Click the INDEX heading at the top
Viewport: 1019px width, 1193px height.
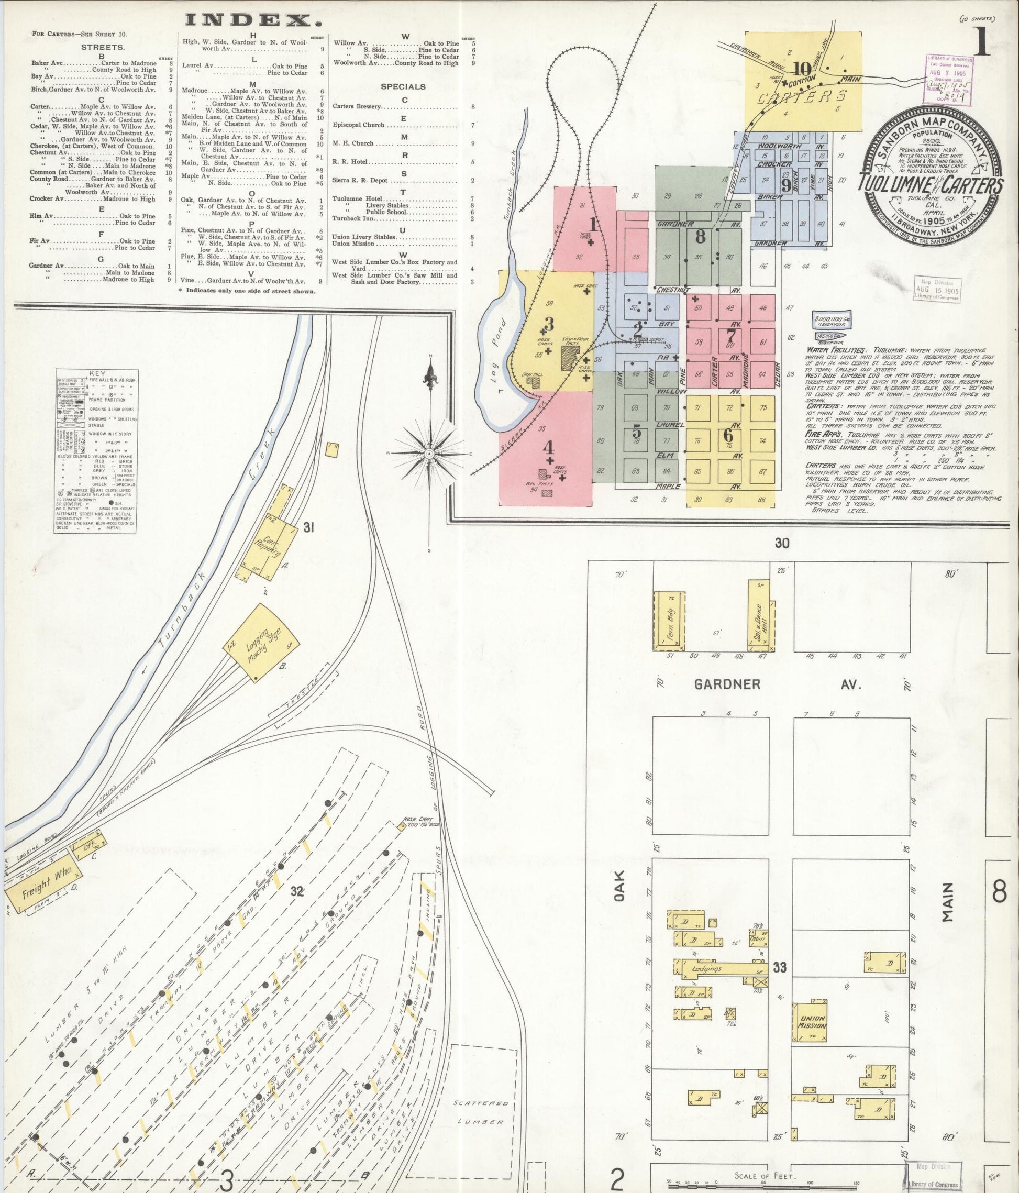tap(254, 21)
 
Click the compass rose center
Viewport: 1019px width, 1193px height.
tap(429, 454)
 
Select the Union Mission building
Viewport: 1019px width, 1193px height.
tap(812, 1022)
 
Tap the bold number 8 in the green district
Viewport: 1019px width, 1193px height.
tap(700, 236)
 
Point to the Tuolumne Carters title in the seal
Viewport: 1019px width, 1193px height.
tap(932, 185)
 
